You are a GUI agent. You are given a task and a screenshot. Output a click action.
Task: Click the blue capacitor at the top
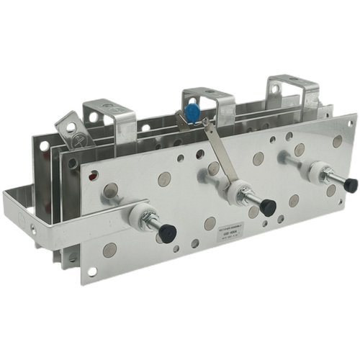[x=193, y=112]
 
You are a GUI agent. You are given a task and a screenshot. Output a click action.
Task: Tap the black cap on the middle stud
[x=268, y=208]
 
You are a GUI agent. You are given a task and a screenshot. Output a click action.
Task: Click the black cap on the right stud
[x=350, y=185]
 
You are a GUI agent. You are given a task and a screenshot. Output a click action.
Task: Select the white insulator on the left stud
[x=140, y=215]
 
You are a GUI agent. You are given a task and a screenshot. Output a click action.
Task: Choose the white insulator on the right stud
[x=315, y=171]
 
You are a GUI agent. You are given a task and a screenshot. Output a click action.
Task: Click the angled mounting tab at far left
[x=69, y=129]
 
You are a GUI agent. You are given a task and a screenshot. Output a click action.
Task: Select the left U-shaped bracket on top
[x=111, y=119]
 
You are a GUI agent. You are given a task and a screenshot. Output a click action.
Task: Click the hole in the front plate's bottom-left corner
[x=91, y=271]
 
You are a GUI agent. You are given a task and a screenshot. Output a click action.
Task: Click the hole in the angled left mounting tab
[x=71, y=129]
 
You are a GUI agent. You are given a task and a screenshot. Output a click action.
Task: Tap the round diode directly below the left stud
[x=109, y=249]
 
